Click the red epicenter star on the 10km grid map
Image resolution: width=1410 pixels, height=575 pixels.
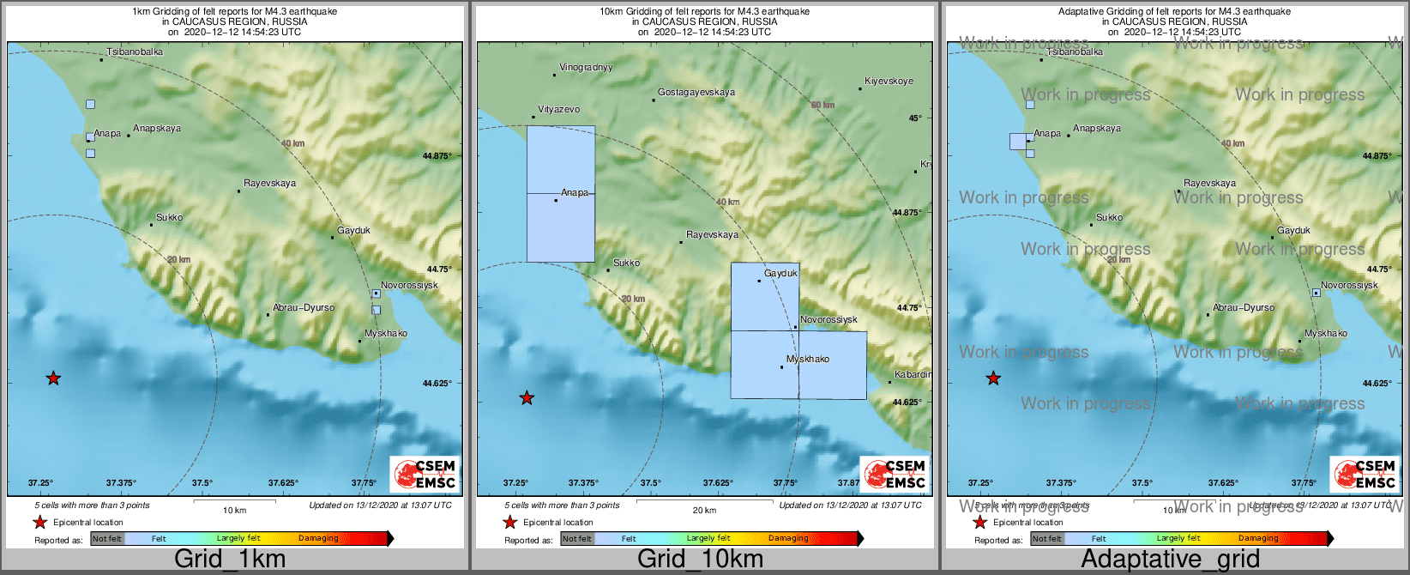pos(527,398)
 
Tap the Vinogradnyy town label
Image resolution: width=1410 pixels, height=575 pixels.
pos(586,67)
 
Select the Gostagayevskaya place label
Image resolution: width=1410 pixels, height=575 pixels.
pos(696,92)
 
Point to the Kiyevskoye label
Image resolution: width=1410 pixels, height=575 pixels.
pos(889,81)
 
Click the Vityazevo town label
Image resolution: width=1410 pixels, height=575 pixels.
pos(558,109)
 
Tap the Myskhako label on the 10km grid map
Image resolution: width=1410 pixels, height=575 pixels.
pos(808,359)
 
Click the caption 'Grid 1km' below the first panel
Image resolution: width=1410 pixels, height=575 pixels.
pos(230,559)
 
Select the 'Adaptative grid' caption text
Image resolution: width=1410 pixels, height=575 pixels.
pos(1170,559)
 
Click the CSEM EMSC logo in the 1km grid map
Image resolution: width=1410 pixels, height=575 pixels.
pos(425,474)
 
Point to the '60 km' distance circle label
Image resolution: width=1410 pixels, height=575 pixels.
pos(822,105)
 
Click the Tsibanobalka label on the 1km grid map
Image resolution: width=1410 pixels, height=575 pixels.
pos(135,51)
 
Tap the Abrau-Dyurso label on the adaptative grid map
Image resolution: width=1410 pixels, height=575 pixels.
pos(1244,307)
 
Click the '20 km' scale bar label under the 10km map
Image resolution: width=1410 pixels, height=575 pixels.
pos(704,510)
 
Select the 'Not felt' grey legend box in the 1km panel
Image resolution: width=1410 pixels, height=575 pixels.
pos(107,539)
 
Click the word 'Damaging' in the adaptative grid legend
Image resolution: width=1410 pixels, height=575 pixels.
pos(1257,538)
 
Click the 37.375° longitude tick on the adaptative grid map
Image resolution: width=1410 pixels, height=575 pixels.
pos(1061,483)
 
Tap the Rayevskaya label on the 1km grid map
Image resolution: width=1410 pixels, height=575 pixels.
pos(269,183)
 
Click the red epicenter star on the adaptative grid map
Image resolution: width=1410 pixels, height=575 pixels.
pos(993,378)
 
